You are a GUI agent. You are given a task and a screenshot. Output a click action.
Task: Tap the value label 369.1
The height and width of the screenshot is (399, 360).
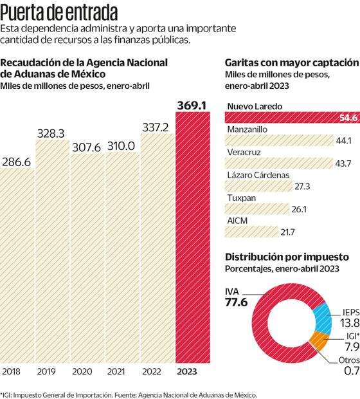click(x=190, y=103)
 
